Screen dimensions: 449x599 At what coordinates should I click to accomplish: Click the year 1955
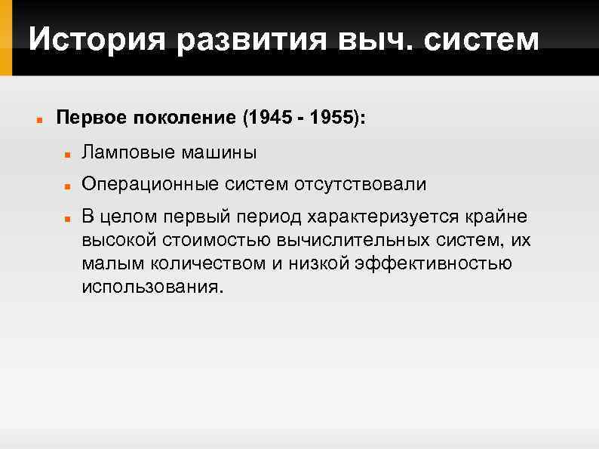tap(335, 118)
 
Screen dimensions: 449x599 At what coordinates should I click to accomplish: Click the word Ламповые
tap(127, 153)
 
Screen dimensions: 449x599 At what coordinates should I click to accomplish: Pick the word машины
tap(219, 153)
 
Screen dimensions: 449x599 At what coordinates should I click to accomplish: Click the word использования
tap(152, 288)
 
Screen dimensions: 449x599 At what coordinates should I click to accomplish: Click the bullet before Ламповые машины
tap(68, 154)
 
